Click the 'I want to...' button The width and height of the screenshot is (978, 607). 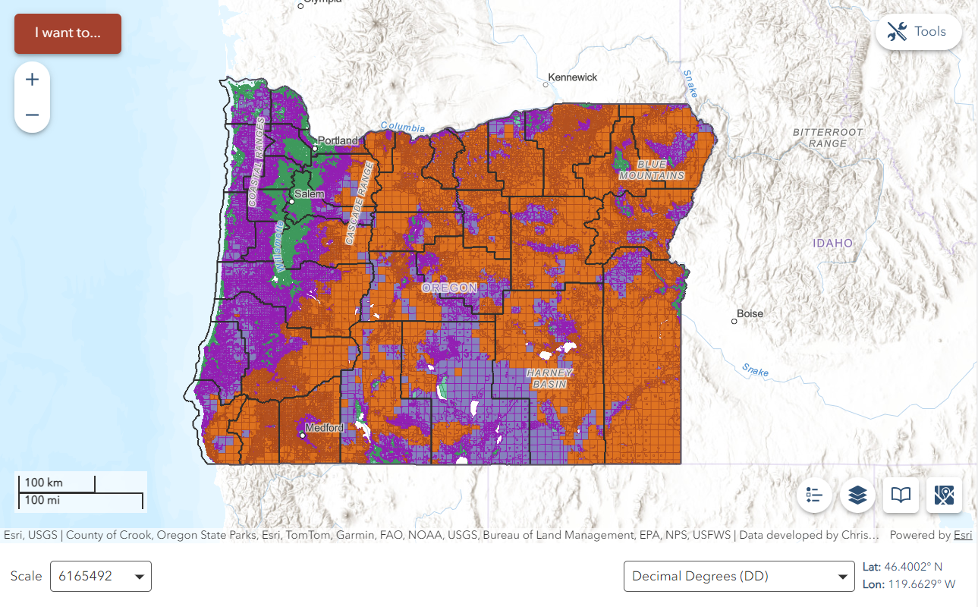[68, 33]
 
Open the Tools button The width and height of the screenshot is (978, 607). [918, 32]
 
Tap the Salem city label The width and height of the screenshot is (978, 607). [309, 194]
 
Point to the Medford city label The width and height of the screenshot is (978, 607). [324, 428]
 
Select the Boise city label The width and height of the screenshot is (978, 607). [750, 313]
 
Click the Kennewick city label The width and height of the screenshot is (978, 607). [572, 77]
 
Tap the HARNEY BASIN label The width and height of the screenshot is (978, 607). [549, 379]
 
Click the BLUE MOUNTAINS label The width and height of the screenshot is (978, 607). [651, 170]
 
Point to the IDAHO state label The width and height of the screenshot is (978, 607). [832, 243]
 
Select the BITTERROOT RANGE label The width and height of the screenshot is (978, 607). [828, 137]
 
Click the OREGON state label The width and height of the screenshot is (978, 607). [449, 288]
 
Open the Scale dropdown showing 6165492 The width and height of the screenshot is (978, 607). [100, 577]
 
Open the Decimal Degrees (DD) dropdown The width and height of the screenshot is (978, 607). [738, 577]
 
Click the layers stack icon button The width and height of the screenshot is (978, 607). [857, 495]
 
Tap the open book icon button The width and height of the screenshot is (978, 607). [901, 495]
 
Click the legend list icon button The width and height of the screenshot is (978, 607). [815, 495]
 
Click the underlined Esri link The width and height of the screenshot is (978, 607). [962, 535]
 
